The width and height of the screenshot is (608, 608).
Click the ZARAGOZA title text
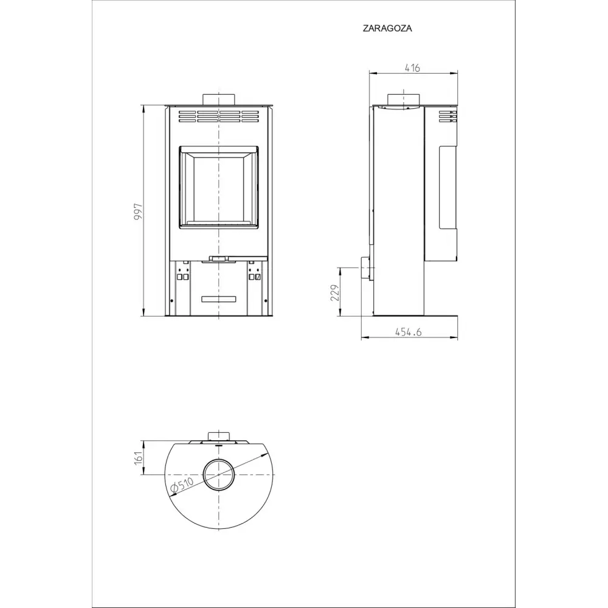387,29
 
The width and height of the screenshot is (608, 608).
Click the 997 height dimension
139,212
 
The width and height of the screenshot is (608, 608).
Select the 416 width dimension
412,68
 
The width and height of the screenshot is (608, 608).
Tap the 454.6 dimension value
409,333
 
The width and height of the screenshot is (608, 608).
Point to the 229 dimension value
335,293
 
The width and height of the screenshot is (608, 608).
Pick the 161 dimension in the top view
139,458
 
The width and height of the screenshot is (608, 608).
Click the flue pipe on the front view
219,99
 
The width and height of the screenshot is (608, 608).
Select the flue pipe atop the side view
404,99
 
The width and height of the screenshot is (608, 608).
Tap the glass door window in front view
219,187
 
